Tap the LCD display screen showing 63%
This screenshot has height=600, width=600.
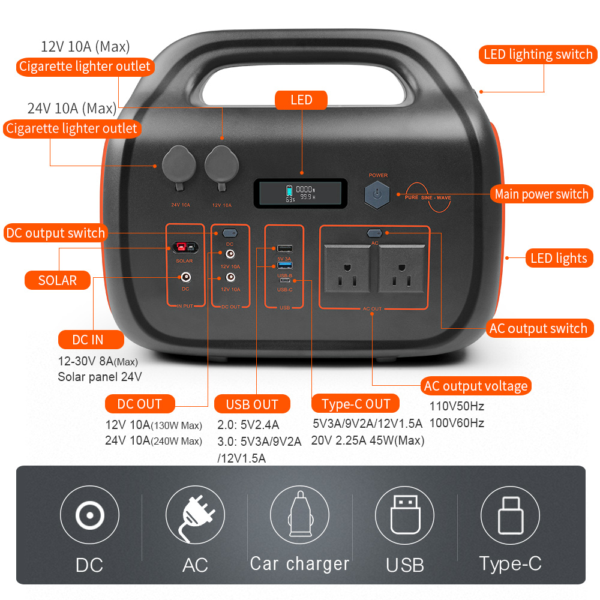pyautogui.click(x=300, y=193)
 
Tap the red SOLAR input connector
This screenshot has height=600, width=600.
pyautogui.click(x=184, y=248)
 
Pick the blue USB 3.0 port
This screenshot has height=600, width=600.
pyautogui.click(x=284, y=265)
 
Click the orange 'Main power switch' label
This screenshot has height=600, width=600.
pyautogui.click(x=541, y=194)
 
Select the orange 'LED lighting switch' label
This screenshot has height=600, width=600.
pyautogui.click(x=538, y=55)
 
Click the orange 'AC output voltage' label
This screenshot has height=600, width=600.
pyautogui.click(x=475, y=386)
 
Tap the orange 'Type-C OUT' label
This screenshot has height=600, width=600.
pyautogui.click(x=356, y=404)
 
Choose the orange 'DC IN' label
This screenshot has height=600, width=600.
pyautogui.click(x=91, y=340)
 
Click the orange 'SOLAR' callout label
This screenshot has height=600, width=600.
pyautogui.click(x=58, y=280)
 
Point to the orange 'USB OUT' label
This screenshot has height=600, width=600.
pyautogui.click(x=252, y=404)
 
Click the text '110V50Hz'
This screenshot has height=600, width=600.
pyautogui.click(x=457, y=406)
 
